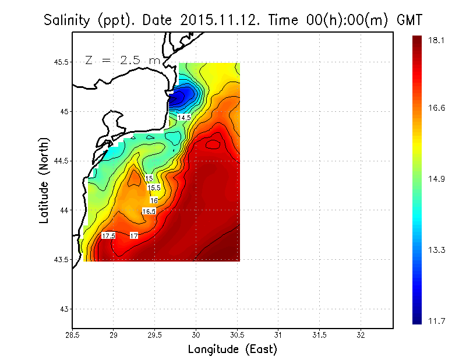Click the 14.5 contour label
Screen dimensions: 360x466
point(184,118)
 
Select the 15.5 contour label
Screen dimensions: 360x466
point(154,188)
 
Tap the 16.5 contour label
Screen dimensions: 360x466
point(149,211)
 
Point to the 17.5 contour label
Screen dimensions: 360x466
point(108,236)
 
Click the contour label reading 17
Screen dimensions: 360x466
point(134,236)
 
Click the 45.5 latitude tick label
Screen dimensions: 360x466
point(61,62)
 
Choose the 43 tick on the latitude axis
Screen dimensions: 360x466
point(64,309)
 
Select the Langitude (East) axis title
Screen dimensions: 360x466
point(232,350)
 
